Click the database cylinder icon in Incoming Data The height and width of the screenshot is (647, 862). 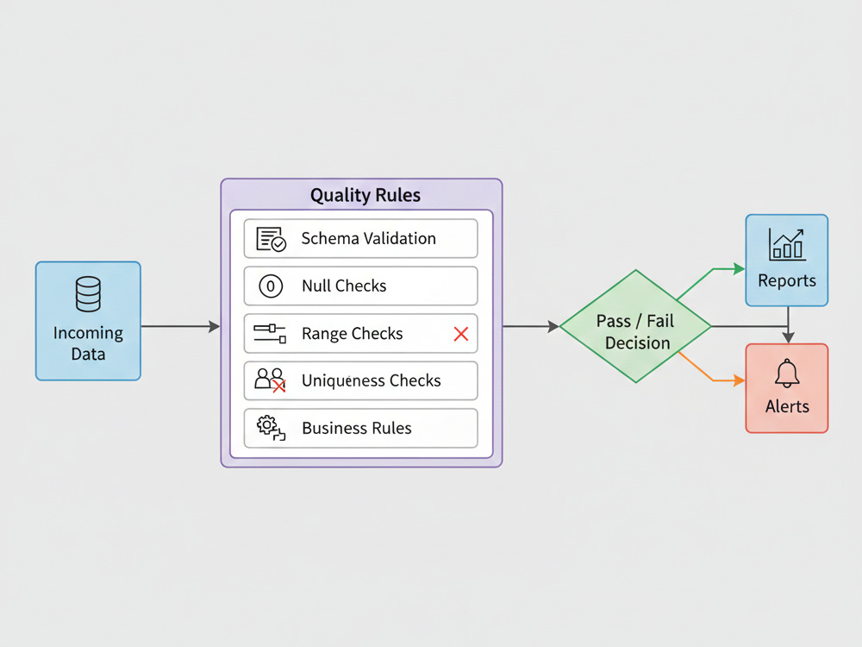(x=88, y=294)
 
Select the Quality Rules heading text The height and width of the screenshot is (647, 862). (x=365, y=195)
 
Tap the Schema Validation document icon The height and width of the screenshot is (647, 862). (x=271, y=239)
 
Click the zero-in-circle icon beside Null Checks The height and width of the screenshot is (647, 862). (x=271, y=286)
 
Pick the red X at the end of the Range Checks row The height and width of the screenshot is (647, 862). (x=461, y=333)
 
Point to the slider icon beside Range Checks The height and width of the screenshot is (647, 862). (x=270, y=333)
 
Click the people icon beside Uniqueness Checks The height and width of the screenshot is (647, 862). (x=270, y=380)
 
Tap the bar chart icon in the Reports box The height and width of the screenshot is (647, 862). (x=787, y=244)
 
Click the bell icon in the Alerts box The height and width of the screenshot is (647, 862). (x=787, y=373)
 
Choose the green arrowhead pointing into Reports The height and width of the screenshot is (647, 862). (x=740, y=269)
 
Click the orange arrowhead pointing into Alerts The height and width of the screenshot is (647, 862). (x=740, y=380)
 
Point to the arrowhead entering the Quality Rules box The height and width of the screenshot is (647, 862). (x=215, y=327)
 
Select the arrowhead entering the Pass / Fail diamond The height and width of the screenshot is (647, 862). (x=553, y=327)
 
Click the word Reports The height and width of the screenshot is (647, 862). (x=787, y=280)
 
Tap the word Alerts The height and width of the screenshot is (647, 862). (x=787, y=406)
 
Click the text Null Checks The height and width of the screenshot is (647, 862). (x=344, y=286)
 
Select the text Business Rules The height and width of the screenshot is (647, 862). (x=357, y=428)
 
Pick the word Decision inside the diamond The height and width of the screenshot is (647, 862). (x=638, y=343)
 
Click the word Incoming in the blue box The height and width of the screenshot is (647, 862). (x=88, y=333)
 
